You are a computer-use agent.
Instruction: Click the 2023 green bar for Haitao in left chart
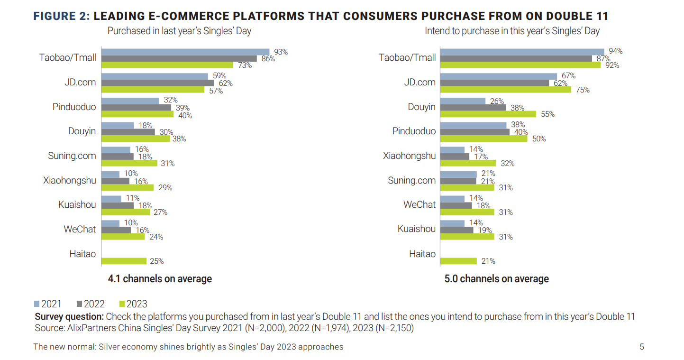click(124, 261)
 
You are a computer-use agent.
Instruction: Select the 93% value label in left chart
click(281, 52)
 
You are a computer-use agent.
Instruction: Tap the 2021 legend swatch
click(37, 304)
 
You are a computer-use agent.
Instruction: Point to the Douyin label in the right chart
click(421, 107)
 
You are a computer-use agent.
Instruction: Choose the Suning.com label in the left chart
click(72, 156)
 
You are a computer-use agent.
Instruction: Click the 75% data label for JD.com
click(583, 90)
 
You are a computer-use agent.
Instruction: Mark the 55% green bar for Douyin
click(488, 114)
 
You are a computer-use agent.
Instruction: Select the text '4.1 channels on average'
click(160, 278)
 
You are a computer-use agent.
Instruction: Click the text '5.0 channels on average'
click(496, 278)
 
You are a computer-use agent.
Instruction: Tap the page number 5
click(642, 347)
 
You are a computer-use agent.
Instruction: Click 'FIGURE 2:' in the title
click(61, 17)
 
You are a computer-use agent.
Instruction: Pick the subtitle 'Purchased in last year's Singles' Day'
click(179, 31)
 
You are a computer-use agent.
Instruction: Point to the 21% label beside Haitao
click(488, 261)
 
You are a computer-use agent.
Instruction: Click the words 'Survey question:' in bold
click(69, 316)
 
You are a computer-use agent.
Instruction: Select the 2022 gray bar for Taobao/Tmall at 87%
click(516, 58)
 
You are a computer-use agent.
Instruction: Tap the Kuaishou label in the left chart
click(77, 205)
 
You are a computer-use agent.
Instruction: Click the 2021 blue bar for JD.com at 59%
click(155, 76)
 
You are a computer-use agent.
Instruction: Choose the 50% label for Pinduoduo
click(538, 139)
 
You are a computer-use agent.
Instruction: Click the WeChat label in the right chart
click(420, 204)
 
